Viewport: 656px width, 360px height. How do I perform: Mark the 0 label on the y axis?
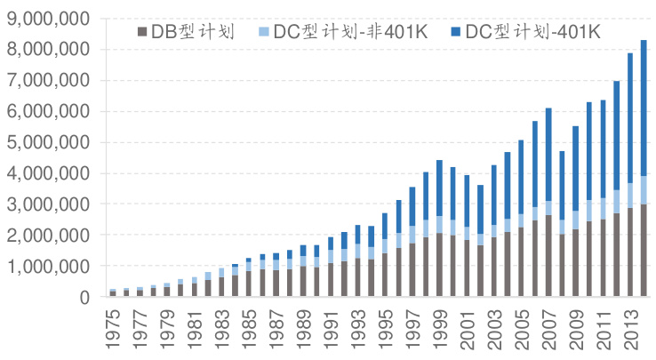(x=83, y=297)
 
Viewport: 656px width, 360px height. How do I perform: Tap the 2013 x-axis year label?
(x=628, y=329)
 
